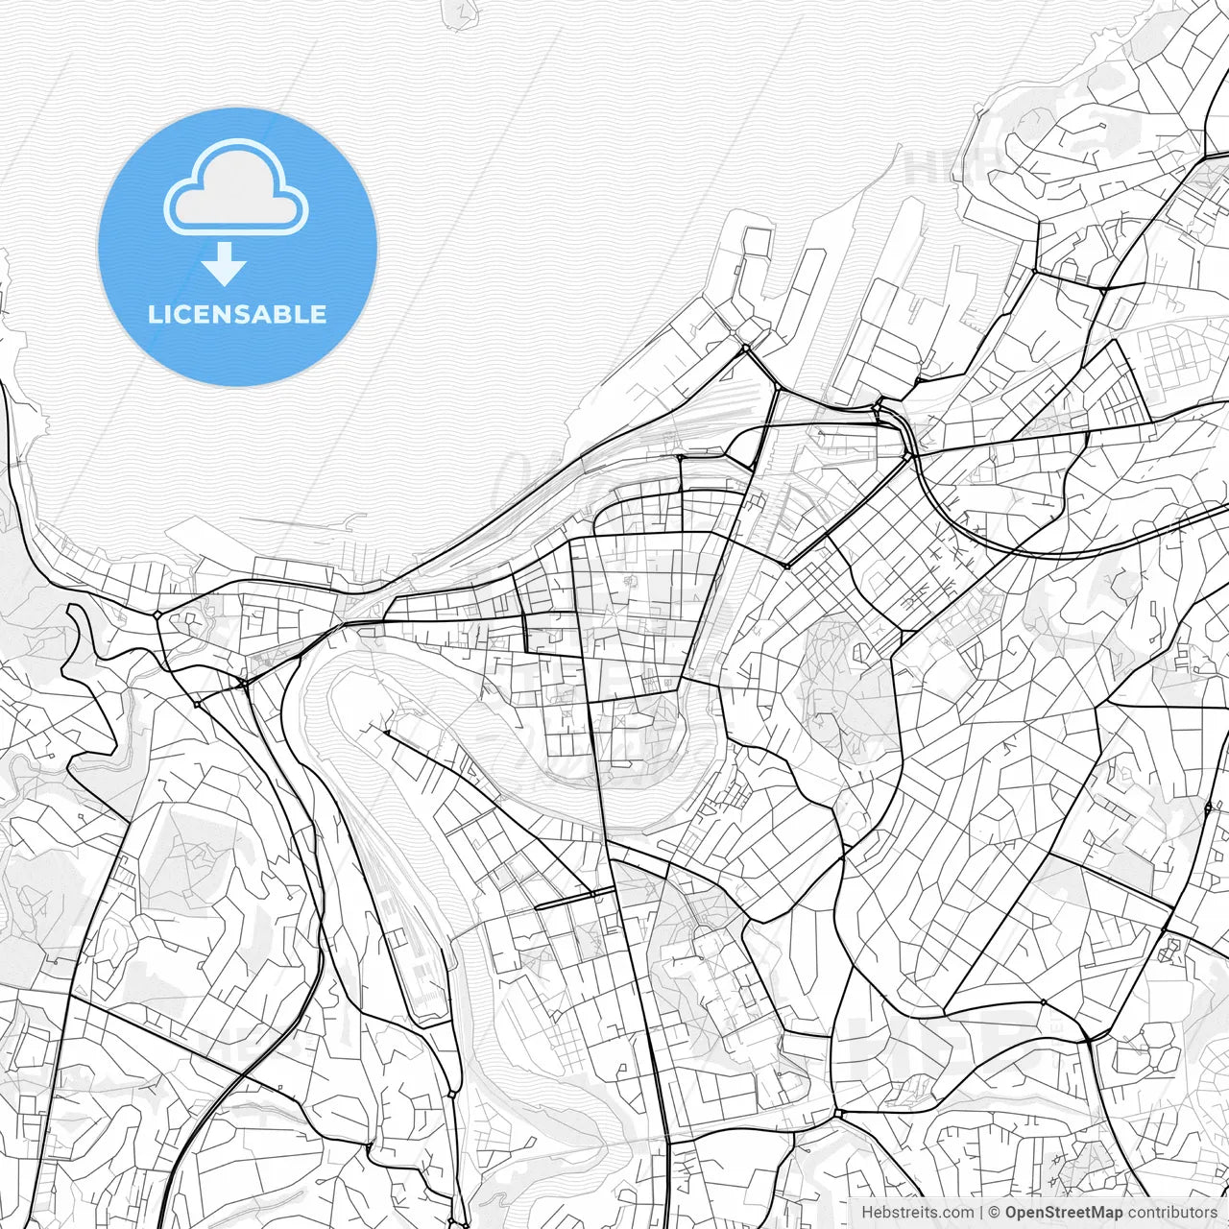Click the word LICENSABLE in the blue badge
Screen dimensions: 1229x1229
(237, 314)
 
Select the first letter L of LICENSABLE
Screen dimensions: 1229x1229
(154, 314)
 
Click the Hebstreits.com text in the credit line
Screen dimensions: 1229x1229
(916, 1213)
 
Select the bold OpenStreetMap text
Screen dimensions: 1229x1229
(1064, 1213)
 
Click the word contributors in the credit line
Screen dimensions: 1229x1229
(1171, 1213)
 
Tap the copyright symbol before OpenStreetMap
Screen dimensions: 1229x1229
(995, 1213)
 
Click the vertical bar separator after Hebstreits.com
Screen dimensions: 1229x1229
(980, 1213)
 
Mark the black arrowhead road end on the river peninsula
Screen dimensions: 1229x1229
(385, 733)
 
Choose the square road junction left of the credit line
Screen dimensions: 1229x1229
(838, 1113)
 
